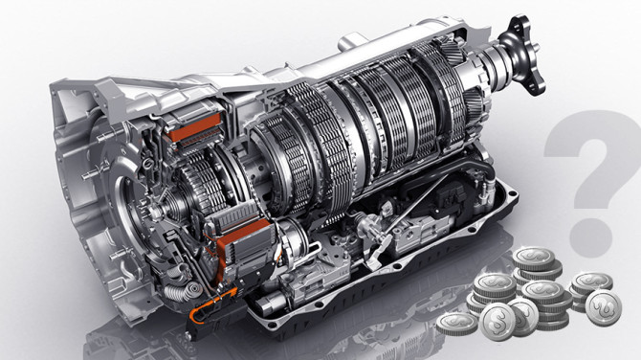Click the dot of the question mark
(590, 237)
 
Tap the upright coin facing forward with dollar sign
(497, 321)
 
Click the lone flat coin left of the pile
(456, 324)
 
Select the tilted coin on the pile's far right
(604, 307)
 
